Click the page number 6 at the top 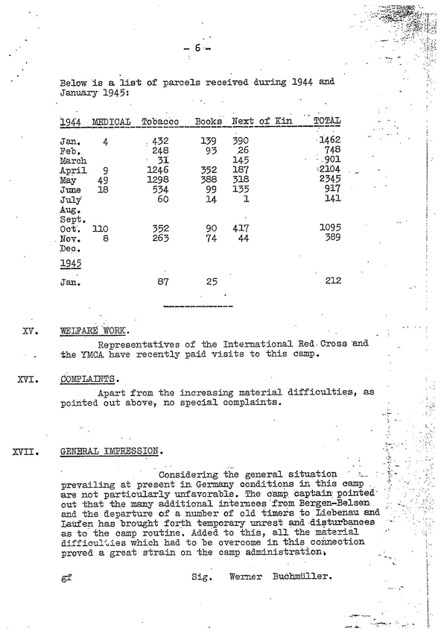pos(197,48)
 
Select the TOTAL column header pos(327,121)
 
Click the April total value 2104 pos(328,170)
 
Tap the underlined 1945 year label pos(71,263)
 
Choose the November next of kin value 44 pos(243,238)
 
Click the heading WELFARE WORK pos(95,332)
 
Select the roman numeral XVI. pos(28,379)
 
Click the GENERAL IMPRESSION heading pos(110,451)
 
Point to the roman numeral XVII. pos(27,451)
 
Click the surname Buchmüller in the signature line pos(303,577)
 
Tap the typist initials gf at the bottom pos(66,578)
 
